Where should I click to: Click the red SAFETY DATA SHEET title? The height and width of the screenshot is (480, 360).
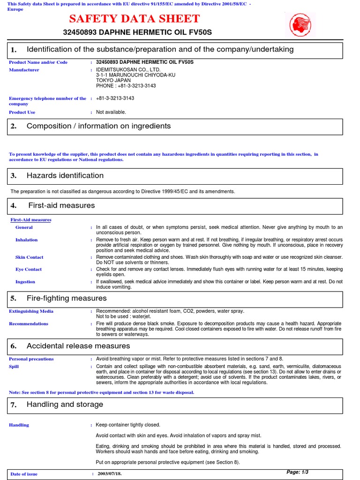(134, 19)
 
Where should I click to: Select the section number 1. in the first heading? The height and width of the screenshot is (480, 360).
(14, 50)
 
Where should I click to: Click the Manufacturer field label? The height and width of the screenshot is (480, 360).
(24, 70)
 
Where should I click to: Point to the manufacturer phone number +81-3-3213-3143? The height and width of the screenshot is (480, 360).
(126, 86)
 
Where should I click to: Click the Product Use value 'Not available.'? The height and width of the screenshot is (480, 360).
(111, 112)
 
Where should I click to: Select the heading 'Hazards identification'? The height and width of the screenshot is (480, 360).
(65, 176)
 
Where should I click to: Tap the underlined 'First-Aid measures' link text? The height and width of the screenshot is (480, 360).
(31, 219)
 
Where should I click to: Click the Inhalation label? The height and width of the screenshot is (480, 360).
(27, 240)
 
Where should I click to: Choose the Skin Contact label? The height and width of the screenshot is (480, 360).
(29, 257)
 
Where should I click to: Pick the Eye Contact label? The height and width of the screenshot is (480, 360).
(28, 269)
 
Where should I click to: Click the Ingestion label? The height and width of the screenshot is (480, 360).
(25, 282)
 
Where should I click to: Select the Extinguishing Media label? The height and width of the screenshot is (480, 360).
(31, 311)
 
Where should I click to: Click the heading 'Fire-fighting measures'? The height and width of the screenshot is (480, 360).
(67, 299)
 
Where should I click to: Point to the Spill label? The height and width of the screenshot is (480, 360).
(14, 367)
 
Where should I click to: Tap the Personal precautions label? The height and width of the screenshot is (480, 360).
(31, 359)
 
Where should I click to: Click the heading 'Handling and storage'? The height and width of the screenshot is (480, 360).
(65, 405)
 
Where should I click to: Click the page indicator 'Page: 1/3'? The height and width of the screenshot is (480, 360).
(297, 472)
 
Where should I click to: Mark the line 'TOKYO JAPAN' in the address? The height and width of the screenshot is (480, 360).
(113, 80)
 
